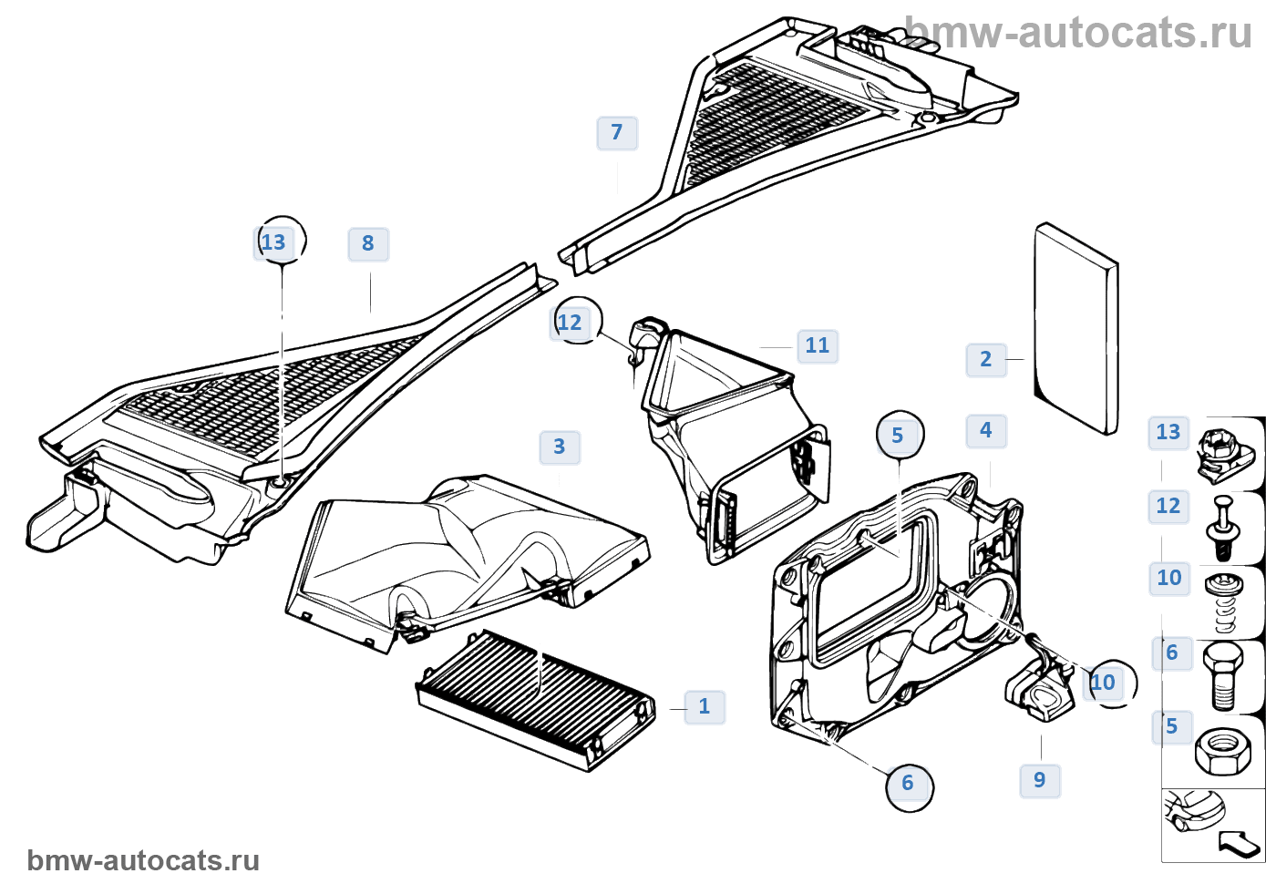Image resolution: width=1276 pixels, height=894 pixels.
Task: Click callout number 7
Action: pyautogui.click(x=617, y=133)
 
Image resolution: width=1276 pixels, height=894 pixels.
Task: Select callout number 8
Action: pyautogui.click(x=368, y=244)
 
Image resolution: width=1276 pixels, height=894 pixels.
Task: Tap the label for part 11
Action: pyautogui.click(x=818, y=346)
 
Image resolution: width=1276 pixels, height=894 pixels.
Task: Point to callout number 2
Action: pyautogui.click(x=986, y=359)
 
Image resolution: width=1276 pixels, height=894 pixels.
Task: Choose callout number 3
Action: pyautogui.click(x=560, y=447)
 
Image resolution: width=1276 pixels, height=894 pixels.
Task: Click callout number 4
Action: pyautogui.click(x=986, y=431)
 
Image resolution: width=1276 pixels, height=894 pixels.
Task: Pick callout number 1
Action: pyautogui.click(x=705, y=707)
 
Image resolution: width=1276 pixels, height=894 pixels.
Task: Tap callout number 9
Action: pyautogui.click(x=1040, y=781)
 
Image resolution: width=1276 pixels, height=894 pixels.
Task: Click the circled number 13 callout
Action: pyautogui.click(x=274, y=242)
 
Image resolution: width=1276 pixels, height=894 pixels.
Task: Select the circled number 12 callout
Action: pyautogui.click(x=571, y=323)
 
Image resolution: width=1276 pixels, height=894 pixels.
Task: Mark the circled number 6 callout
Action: pyautogui.click(x=908, y=784)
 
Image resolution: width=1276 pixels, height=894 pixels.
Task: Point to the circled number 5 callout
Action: pyautogui.click(x=899, y=436)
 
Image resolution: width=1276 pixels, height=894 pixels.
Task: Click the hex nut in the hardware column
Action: pyautogui.click(x=1224, y=750)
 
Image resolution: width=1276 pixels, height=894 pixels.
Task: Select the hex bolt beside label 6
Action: pyautogui.click(x=1223, y=675)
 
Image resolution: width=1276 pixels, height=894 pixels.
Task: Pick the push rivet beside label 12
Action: pyautogui.click(x=1223, y=528)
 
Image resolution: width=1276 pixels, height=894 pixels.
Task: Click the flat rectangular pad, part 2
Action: pyautogui.click(x=1076, y=328)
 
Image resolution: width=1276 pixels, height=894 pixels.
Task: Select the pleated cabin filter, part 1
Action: pyautogui.click(x=536, y=700)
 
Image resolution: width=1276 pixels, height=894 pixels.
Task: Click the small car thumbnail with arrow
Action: pyautogui.click(x=1212, y=824)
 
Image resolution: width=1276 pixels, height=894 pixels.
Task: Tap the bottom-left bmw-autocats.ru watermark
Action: pyautogui.click(x=143, y=861)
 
